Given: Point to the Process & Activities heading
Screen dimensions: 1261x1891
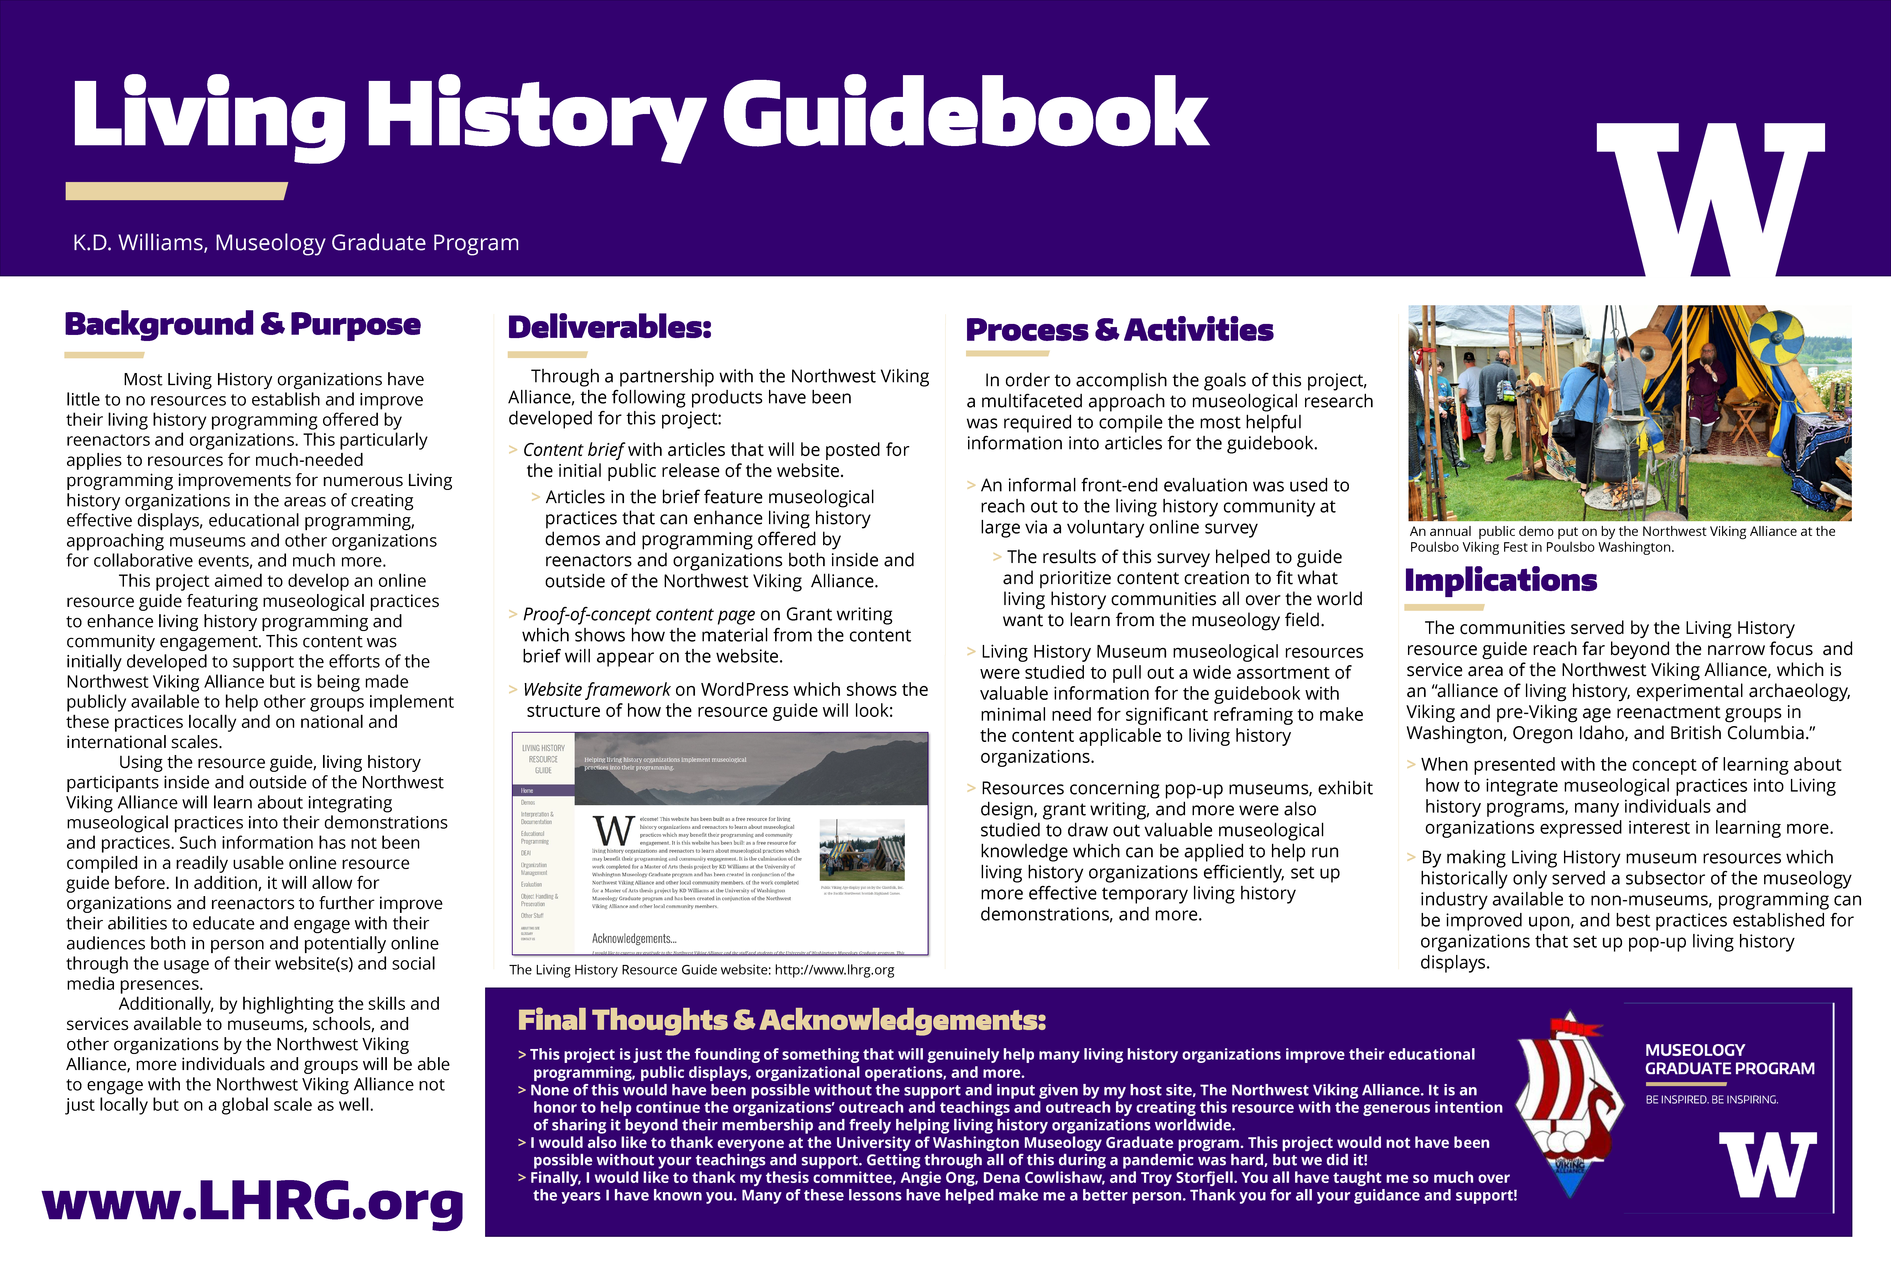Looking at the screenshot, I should point(1119,330).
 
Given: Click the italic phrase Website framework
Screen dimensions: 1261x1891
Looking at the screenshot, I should point(596,690).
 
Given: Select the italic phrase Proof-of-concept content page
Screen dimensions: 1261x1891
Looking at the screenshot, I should point(638,614).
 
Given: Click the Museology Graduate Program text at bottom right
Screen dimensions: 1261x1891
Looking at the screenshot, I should point(1729,1059).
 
